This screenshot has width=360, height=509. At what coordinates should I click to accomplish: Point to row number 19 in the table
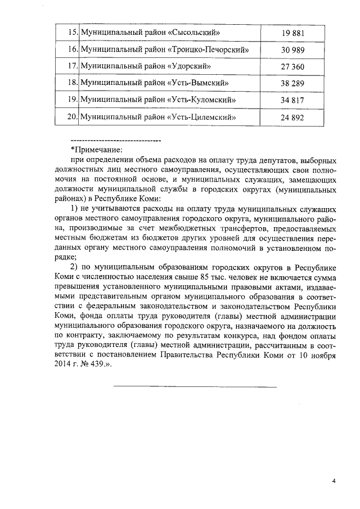(71, 101)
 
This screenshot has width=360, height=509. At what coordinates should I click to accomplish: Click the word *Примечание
(96, 150)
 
